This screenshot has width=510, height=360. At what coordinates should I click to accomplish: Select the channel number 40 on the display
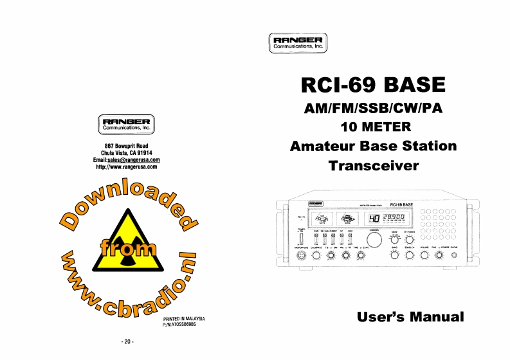tap(374, 219)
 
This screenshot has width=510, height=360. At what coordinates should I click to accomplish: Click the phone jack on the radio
tap(454, 256)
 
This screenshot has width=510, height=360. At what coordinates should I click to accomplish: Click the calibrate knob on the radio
tap(316, 256)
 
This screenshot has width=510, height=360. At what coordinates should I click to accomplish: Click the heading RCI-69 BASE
tap(373, 85)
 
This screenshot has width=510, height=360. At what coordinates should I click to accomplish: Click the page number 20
tap(127, 341)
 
